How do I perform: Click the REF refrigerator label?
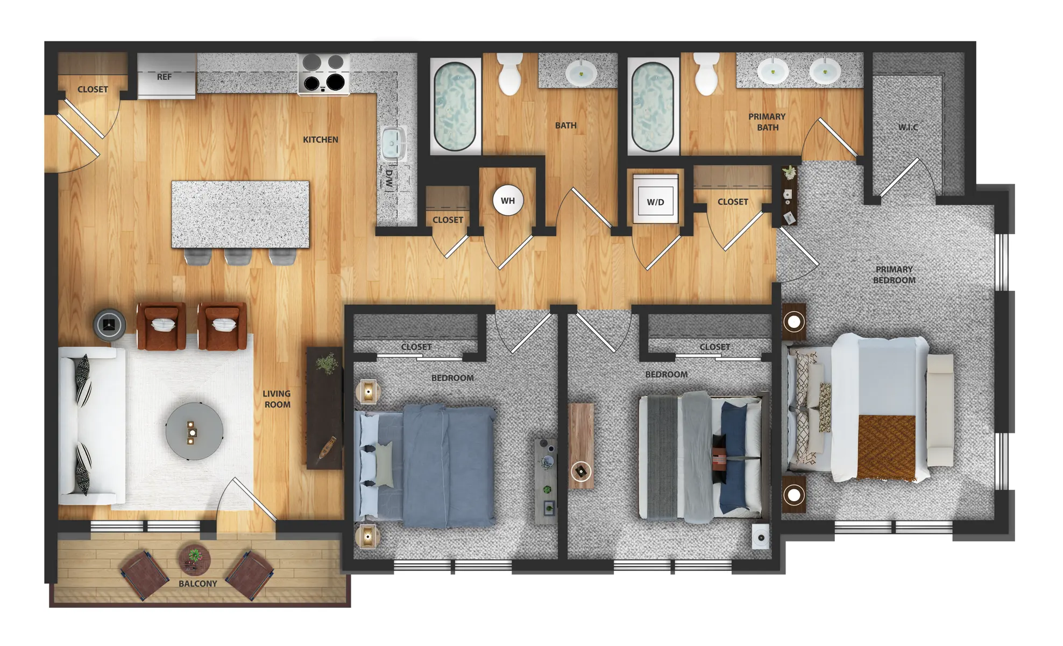[x=164, y=77]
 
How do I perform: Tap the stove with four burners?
[x=324, y=74]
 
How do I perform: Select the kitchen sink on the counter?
[x=394, y=144]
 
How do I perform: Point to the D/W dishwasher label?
[x=389, y=178]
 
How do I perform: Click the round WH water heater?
[x=508, y=201]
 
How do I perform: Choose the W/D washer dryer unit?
[x=655, y=199]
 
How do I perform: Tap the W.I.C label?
[x=908, y=128]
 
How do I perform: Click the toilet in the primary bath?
[x=706, y=74]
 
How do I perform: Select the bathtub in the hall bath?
[x=455, y=107]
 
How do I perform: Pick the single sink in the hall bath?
[x=581, y=73]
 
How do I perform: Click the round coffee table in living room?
[x=194, y=431]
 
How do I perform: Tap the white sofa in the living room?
[x=91, y=425]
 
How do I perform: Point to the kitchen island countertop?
[x=240, y=214]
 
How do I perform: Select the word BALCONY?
[x=198, y=584]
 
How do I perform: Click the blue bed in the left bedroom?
[x=425, y=466]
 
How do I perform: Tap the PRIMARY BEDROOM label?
[x=894, y=275]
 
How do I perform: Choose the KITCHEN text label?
[x=321, y=139]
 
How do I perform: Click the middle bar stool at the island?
[x=238, y=257]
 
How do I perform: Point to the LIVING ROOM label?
[x=277, y=399]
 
